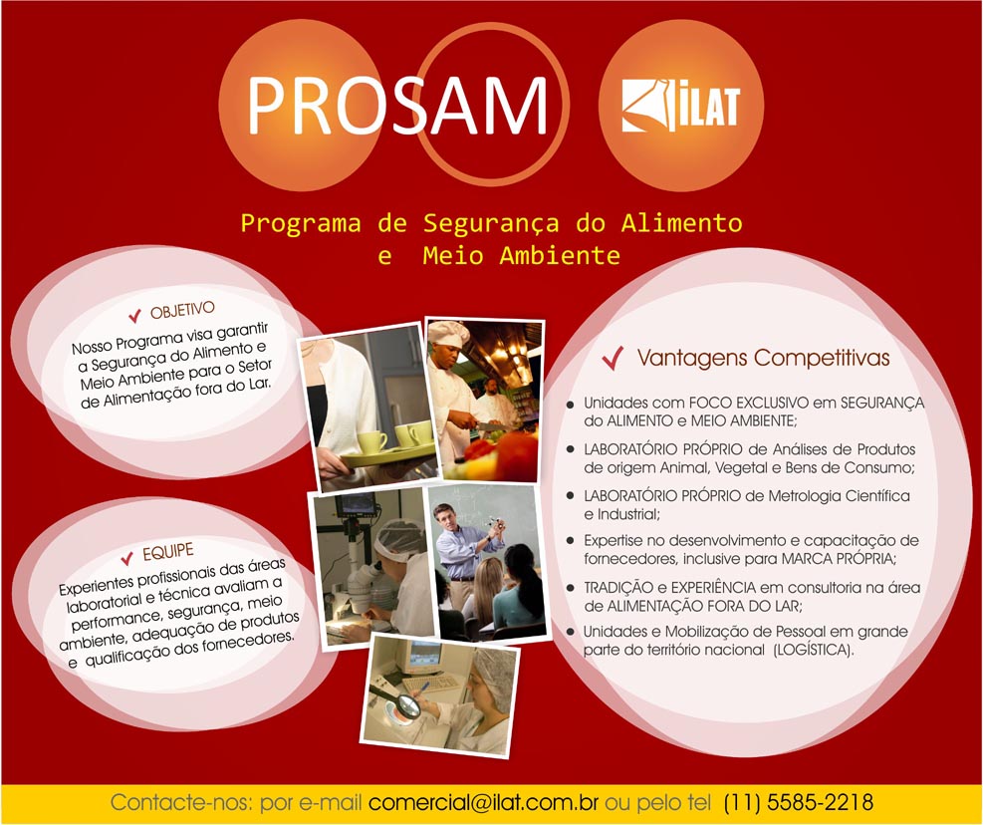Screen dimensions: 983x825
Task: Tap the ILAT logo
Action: [x=681, y=106]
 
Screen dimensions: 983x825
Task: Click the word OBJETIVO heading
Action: [x=182, y=309]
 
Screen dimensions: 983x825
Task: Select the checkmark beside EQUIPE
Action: [x=127, y=557]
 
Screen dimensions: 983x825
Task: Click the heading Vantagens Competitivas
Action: [x=764, y=358]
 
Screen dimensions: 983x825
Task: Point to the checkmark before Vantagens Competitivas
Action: [x=613, y=359]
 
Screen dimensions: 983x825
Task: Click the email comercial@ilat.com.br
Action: [x=483, y=802]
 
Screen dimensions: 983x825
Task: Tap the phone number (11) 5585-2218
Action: [x=799, y=802]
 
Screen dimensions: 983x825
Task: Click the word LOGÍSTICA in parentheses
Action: [x=814, y=650]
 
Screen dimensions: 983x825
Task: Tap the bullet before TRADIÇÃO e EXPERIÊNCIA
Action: [x=570, y=588]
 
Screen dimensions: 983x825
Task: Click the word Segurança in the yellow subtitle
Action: [x=491, y=223]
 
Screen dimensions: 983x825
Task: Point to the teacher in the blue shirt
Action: [x=464, y=552]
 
